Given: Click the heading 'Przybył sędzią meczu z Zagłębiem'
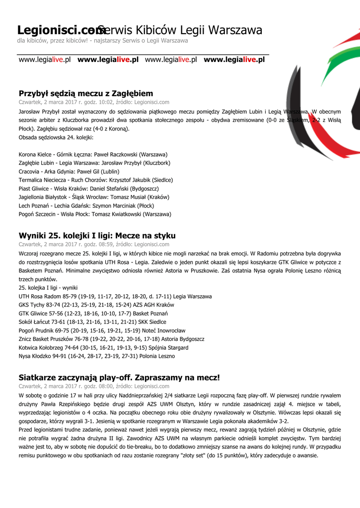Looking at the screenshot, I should [x=86, y=93].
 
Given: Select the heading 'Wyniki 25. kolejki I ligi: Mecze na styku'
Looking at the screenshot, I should [x=97, y=235].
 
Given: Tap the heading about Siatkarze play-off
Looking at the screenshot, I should [x=119, y=378].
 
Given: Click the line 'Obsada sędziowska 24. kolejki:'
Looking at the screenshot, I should [x=56, y=137].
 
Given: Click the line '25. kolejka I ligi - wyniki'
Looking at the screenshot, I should [x=52, y=288].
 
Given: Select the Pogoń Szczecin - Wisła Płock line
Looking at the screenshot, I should [x=95, y=214].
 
